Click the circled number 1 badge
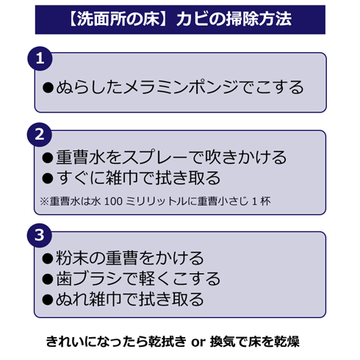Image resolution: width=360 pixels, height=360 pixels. click(x=40, y=59)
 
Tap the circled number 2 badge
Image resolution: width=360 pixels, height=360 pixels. click(x=40, y=134)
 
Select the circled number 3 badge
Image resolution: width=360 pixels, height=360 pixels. click(x=40, y=235)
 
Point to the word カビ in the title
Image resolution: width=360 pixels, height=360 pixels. click(x=194, y=19)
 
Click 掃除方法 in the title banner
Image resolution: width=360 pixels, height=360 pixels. click(x=259, y=19)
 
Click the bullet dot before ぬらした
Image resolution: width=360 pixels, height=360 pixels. click(x=48, y=87)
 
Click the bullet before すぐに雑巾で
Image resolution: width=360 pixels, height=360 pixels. click(x=48, y=178)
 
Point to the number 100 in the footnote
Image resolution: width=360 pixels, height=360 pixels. click(x=113, y=201)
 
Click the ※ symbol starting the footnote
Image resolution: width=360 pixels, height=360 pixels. click(x=44, y=201)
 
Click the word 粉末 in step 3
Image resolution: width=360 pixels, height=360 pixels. click(x=72, y=258)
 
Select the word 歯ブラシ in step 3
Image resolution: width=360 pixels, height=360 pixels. click(x=89, y=278)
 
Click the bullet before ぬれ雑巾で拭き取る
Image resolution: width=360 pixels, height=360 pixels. click(x=48, y=300)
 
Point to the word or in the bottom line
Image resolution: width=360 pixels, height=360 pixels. click(x=198, y=342)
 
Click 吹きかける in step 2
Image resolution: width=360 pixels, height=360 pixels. click(x=245, y=157)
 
